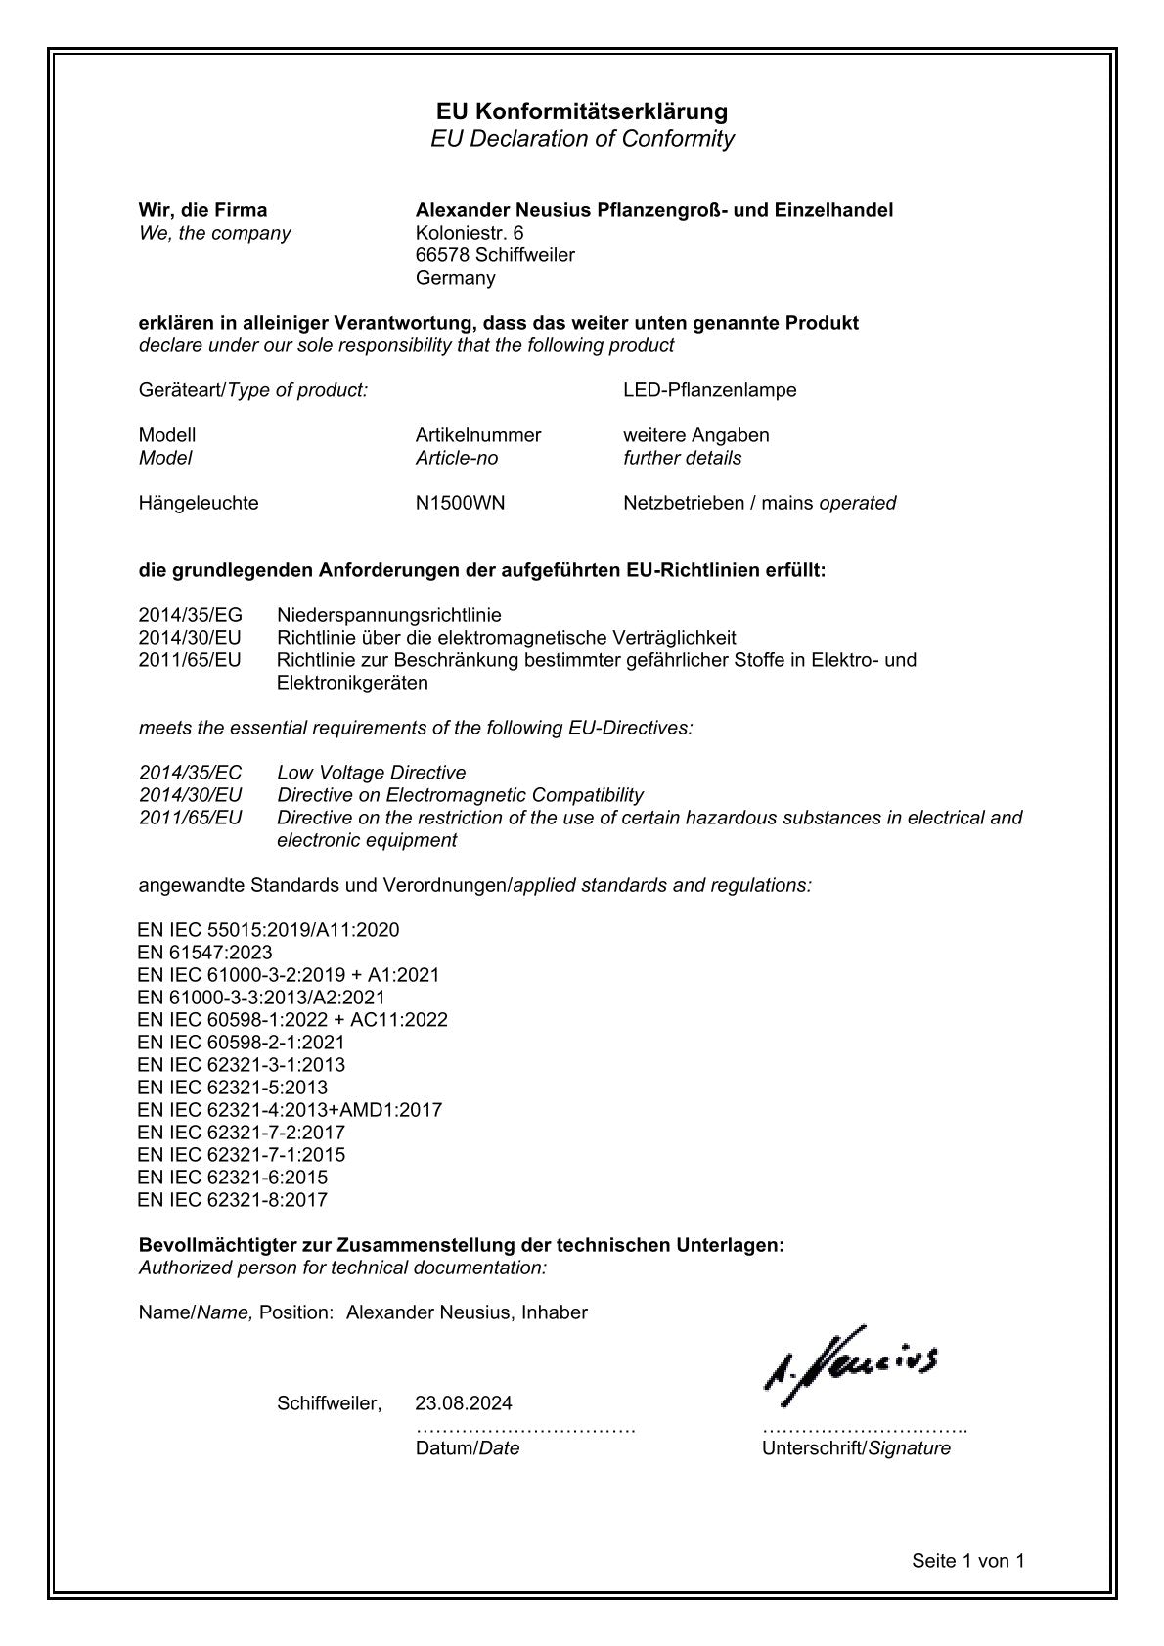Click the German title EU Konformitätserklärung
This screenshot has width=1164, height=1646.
(x=582, y=111)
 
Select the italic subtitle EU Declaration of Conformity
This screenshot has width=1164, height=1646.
(x=582, y=139)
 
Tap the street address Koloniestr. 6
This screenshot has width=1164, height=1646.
(x=470, y=233)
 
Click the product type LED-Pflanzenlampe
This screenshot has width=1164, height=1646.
(x=709, y=390)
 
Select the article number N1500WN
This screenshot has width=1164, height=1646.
(x=460, y=504)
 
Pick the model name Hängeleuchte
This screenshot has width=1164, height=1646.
(x=199, y=504)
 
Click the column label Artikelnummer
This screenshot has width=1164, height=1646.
(x=477, y=435)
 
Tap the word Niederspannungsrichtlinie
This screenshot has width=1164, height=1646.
(x=388, y=615)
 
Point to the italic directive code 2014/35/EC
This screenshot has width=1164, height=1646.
(x=190, y=773)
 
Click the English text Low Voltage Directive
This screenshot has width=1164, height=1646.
(x=371, y=773)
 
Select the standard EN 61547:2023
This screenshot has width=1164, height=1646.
(x=204, y=953)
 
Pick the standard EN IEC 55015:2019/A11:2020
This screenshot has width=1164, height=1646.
(x=268, y=930)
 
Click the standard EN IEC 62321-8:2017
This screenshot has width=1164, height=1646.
(x=232, y=1200)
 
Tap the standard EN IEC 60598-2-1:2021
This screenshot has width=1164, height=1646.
(x=241, y=1043)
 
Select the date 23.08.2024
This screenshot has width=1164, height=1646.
(x=463, y=1404)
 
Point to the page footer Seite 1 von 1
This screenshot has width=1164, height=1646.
(x=967, y=1561)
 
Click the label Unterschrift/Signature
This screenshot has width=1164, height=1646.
(x=856, y=1448)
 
